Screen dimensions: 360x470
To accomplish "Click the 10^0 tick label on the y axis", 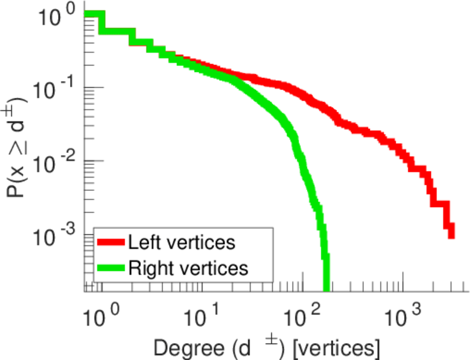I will pyautogui.click(x=58, y=17).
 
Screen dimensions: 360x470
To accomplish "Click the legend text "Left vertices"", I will pyautogui.click(x=181, y=243).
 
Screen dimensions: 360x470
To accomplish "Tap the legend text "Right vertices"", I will pyautogui.click(x=187, y=268).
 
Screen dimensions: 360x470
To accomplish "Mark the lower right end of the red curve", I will pyautogui.click(x=451, y=235).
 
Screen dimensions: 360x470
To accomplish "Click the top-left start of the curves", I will pyautogui.click(x=88, y=14).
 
